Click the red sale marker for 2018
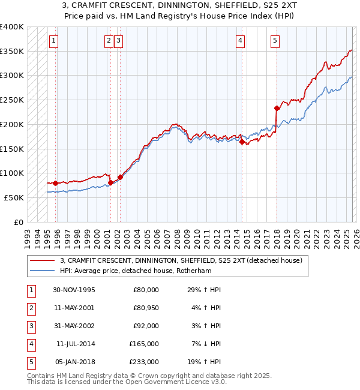point(277,109)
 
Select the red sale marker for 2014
point(242,142)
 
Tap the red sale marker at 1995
point(55,183)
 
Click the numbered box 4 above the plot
point(240,41)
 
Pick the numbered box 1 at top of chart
point(53,41)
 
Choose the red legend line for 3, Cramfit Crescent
point(43,260)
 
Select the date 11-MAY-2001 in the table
point(73,308)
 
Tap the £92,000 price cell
point(146,326)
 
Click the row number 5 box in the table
point(31,362)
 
